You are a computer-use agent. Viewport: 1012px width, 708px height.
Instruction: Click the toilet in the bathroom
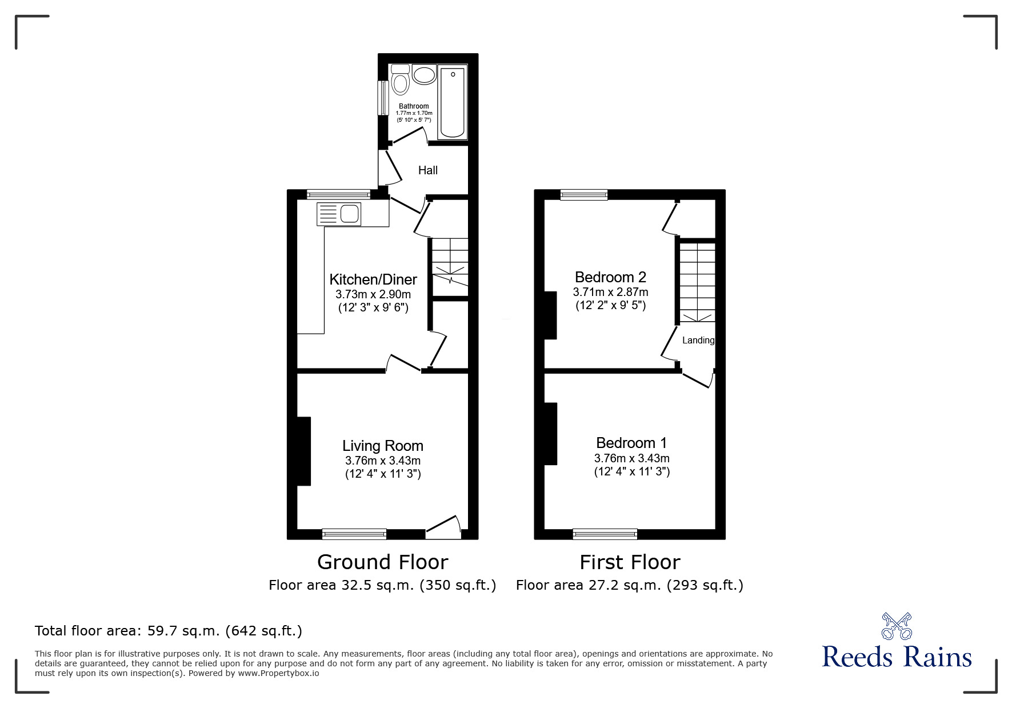pos(400,82)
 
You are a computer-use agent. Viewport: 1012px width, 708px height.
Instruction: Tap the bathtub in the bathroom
pos(453,102)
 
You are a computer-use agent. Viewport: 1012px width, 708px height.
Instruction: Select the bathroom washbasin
pos(423,75)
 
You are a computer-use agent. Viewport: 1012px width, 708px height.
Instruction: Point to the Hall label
pos(428,170)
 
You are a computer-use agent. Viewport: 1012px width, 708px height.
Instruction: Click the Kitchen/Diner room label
pos(373,279)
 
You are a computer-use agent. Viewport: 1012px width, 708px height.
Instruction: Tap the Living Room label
pos(383,446)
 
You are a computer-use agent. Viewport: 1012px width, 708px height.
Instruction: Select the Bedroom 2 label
pos(610,277)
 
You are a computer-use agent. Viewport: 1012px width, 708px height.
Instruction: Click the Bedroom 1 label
pos(631,443)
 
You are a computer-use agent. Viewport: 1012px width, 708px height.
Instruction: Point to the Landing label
pos(698,341)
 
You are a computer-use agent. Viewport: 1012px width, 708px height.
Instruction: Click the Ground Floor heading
pos(382,562)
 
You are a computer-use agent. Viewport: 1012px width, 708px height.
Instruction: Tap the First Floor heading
pos(630,562)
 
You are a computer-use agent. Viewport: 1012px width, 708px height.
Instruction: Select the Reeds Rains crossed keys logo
pos(897,626)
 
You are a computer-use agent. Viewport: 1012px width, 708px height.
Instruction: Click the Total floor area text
pos(169,631)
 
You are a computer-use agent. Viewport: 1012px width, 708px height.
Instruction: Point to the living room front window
pos(354,534)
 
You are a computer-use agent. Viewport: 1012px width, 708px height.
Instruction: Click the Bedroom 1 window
pos(605,534)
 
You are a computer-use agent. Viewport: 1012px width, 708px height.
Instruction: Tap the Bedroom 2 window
pos(584,195)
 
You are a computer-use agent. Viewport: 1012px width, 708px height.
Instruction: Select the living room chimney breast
pos(304,451)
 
